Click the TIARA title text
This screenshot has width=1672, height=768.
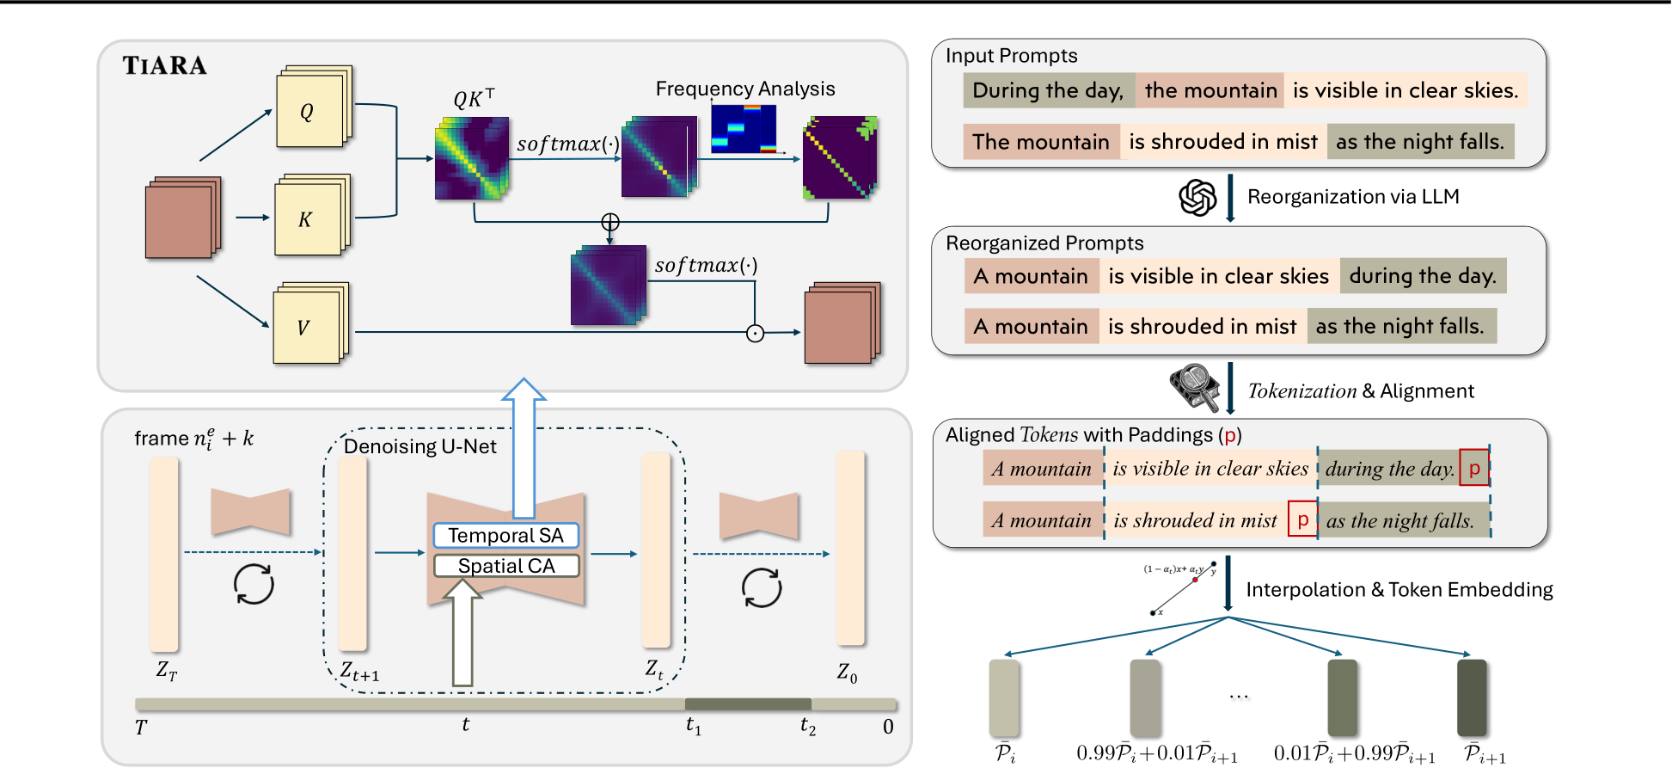point(164,65)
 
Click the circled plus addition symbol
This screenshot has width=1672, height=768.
point(610,223)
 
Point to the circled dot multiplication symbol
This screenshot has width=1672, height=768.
point(755,333)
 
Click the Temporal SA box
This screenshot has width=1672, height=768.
point(505,535)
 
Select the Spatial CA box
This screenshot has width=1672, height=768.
point(505,566)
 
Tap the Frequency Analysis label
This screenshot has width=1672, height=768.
point(744,89)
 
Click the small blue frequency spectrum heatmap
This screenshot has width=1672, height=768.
point(744,129)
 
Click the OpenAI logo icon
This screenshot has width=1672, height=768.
point(1197,198)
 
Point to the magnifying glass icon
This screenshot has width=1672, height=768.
point(1195,387)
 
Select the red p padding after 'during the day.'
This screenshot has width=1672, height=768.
point(1474,469)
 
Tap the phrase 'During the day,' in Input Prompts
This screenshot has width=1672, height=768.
point(1048,90)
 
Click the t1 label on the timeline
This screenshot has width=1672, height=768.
point(693,727)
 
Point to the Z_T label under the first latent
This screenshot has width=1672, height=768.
point(166,670)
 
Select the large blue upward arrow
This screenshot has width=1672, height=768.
point(524,447)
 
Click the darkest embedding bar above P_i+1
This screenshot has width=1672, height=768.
point(1472,697)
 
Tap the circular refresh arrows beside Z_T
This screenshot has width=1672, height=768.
point(254,585)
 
